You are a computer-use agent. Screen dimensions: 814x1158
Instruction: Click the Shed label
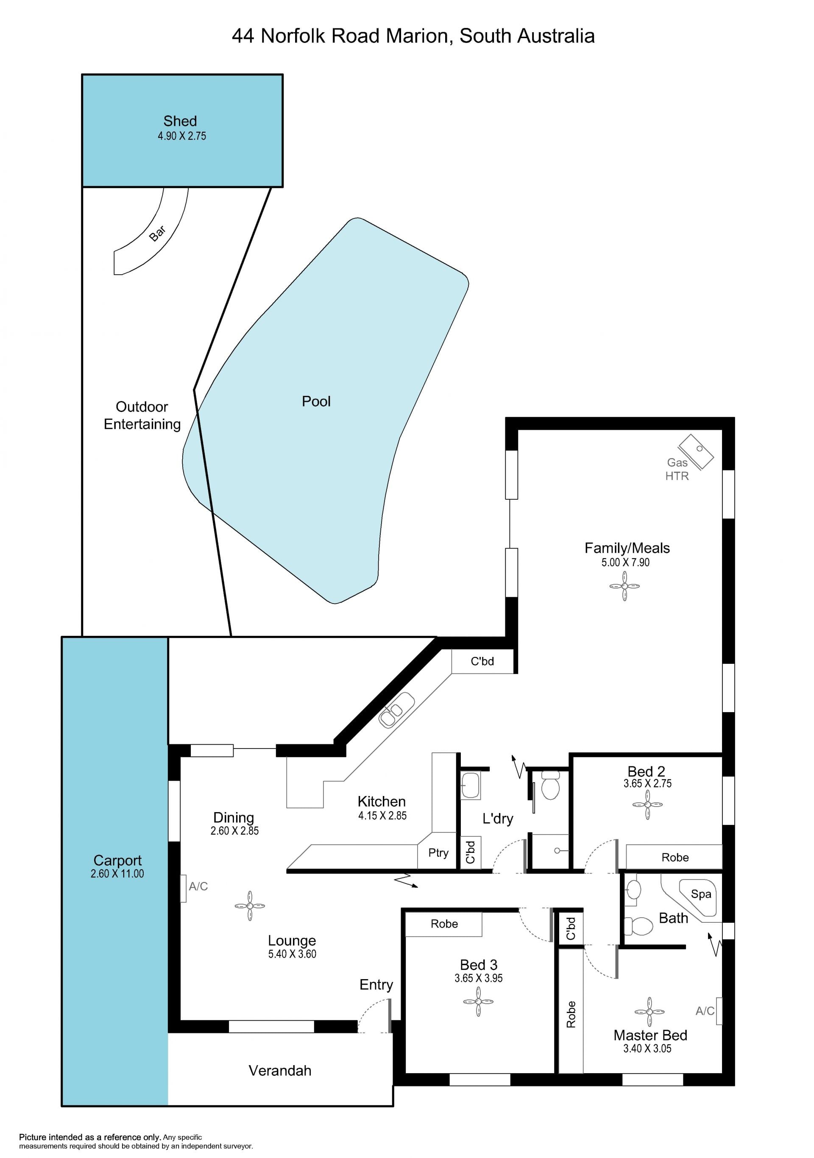(x=180, y=121)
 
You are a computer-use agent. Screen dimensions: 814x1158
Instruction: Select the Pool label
(x=316, y=401)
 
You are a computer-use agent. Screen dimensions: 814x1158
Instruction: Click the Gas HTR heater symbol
(x=696, y=451)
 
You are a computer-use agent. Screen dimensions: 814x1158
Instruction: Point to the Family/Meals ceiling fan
(x=624, y=586)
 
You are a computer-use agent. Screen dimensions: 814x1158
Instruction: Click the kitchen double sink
(x=396, y=710)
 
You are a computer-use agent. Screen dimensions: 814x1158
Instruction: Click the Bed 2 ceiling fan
(x=647, y=804)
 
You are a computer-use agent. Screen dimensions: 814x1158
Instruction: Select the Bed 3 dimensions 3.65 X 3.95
(x=479, y=978)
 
